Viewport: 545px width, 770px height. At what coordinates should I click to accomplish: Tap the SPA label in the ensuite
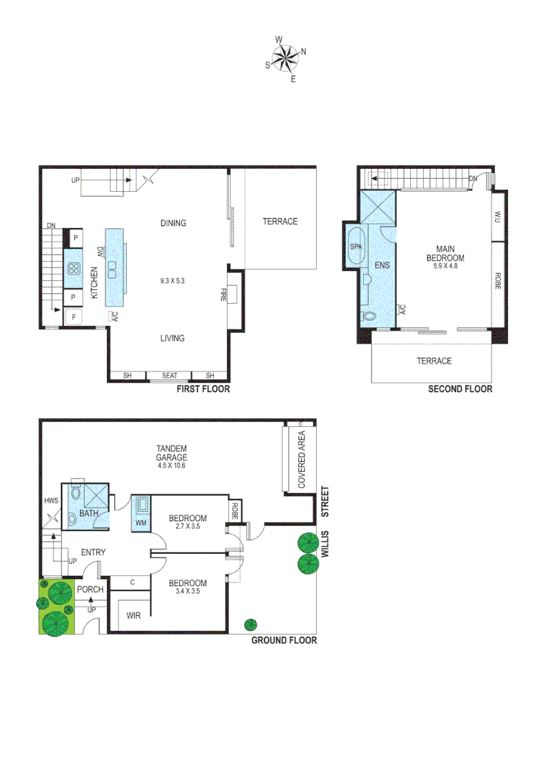click(356, 246)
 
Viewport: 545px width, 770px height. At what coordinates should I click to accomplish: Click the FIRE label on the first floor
click(223, 294)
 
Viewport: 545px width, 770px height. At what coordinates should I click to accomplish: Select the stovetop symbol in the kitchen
click(73, 268)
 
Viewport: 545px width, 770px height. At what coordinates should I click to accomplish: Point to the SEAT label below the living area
click(169, 376)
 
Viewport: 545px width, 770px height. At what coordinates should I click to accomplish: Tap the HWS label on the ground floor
click(51, 500)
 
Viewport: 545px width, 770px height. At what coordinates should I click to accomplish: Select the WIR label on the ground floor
click(133, 615)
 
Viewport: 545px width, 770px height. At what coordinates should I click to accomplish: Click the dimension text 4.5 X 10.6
click(172, 466)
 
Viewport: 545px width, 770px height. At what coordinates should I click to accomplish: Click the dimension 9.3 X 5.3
click(172, 281)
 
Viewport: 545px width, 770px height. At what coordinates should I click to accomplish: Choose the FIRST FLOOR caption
click(203, 390)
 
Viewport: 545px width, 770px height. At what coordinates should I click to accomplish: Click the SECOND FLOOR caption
click(459, 389)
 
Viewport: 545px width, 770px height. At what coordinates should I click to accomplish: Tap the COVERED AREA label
click(301, 457)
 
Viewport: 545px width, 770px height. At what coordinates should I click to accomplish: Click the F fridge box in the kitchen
click(72, 317)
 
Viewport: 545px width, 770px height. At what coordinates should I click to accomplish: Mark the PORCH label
click(91, 590)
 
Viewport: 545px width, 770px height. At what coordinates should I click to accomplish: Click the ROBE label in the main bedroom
click(498, 282)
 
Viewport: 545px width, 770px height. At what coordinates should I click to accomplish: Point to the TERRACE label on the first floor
click(280, 222)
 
